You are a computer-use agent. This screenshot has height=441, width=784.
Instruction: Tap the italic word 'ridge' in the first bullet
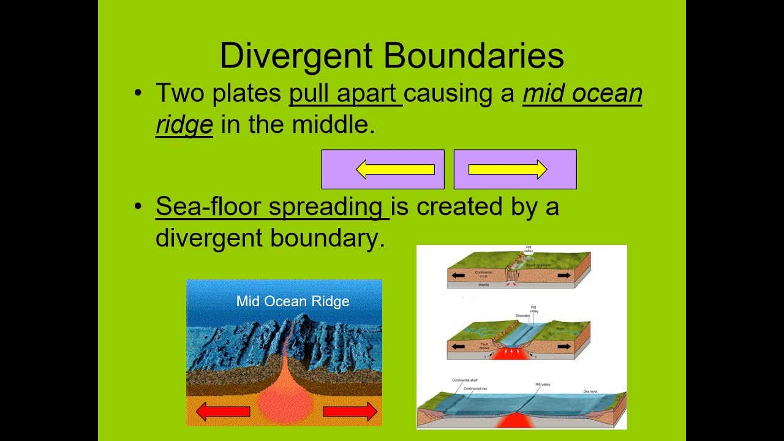[184, 124]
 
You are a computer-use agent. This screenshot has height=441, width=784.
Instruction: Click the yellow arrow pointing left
[395, 170]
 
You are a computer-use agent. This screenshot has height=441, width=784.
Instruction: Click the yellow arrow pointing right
[508, 170]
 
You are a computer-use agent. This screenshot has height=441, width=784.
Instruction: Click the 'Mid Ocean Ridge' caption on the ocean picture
[293, 301]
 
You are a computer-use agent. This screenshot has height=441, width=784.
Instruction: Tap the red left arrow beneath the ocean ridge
[223, 412]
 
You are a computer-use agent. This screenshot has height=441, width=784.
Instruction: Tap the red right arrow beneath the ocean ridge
[350, 412]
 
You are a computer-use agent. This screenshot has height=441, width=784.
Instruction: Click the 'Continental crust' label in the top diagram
[484, 274]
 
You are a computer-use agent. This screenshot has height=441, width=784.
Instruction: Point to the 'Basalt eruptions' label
[538, 265]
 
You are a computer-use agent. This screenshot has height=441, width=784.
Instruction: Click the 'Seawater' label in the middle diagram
[522, 315]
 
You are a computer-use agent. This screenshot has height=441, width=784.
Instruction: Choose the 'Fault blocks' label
[484, 347]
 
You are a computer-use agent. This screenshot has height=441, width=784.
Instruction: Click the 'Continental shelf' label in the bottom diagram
[464, 380]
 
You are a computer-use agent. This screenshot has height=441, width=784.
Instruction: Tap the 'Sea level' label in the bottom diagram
[590, 390]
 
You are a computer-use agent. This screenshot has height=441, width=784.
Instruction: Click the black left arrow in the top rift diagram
[458, 276]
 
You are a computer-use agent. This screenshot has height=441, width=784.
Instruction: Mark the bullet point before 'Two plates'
[138, 94]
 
